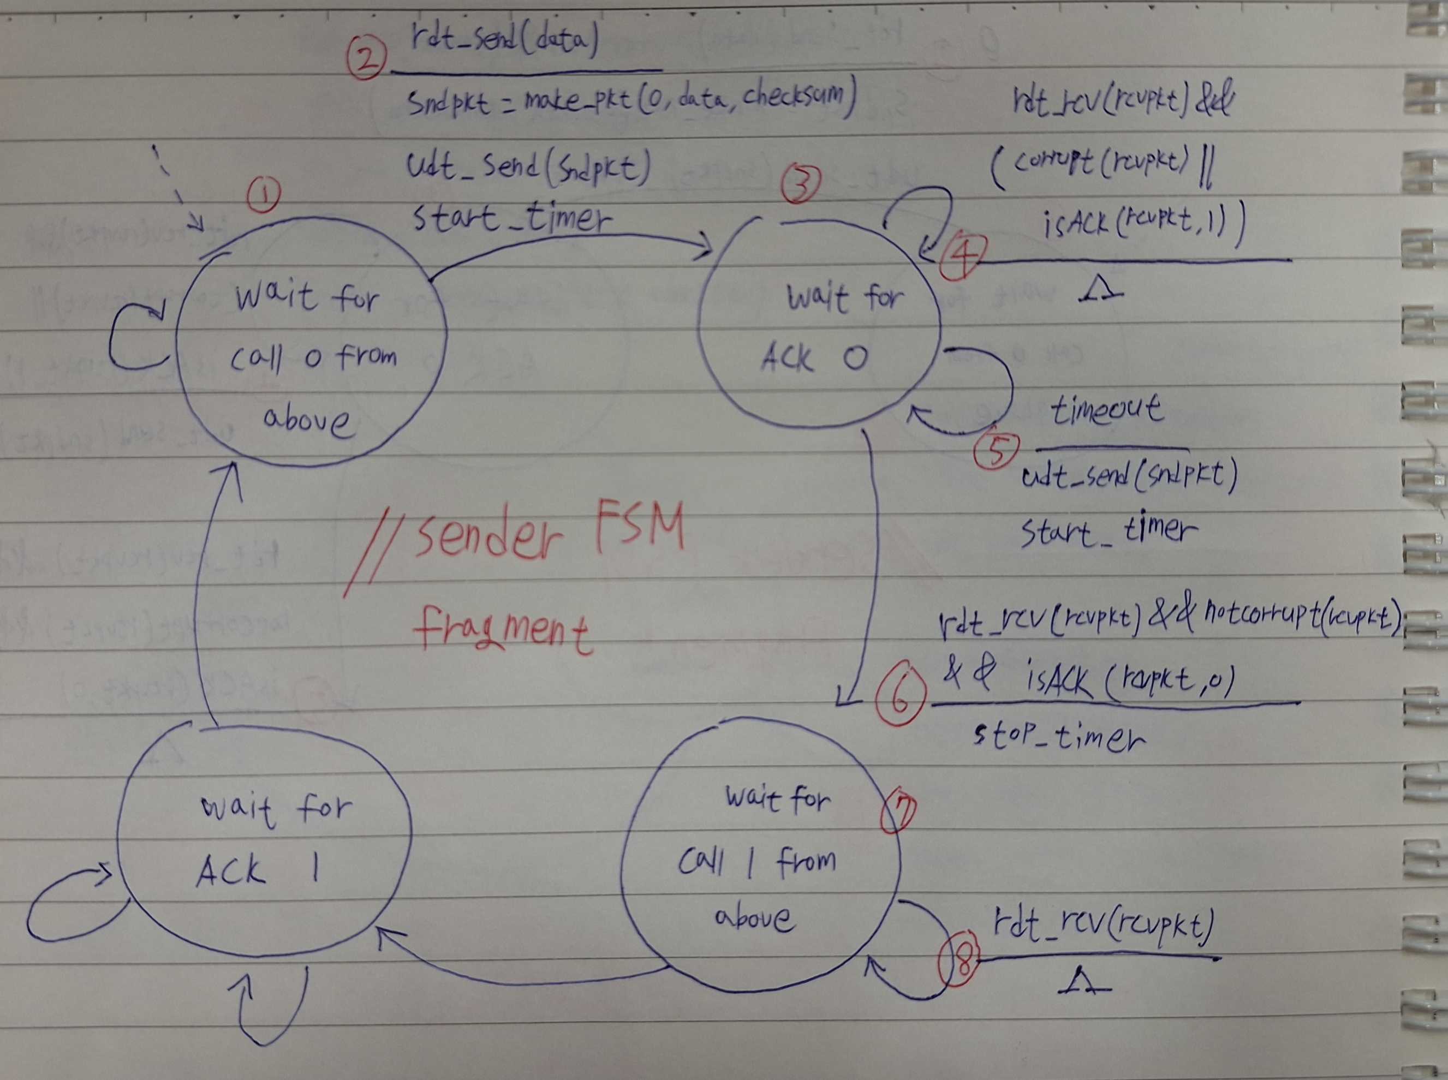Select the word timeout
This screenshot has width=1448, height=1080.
pos(1106,410)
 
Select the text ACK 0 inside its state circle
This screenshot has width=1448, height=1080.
pos(814,358)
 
